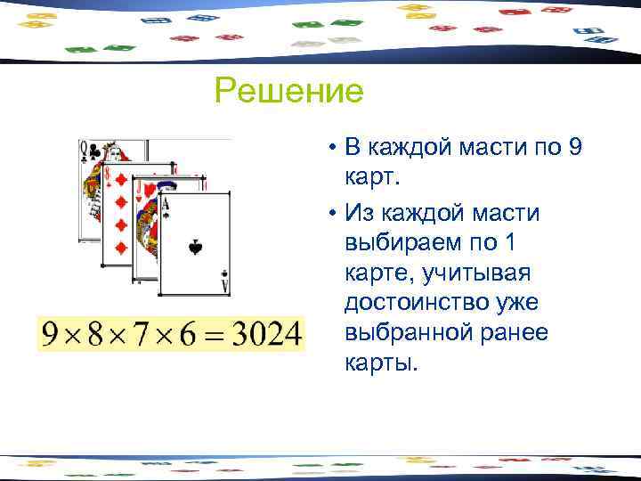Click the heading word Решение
289,91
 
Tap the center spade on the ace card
195,247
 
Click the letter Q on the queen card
84,150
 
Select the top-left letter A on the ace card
165,206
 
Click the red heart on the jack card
149,187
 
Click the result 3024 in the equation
266,335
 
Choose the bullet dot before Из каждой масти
330,213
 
